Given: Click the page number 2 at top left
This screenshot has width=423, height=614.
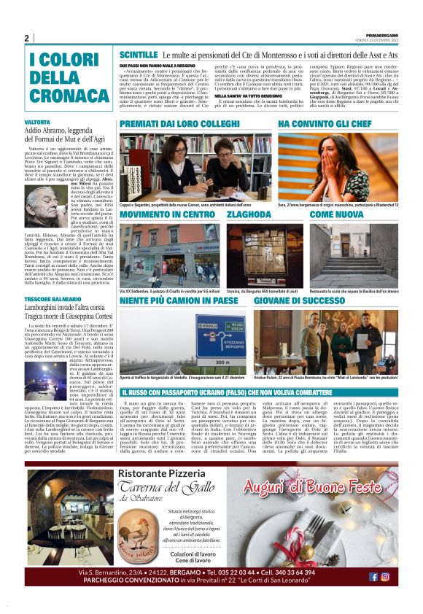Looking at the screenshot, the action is click(x=26, y=38).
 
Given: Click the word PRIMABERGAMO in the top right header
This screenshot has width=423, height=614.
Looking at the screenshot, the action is click(x=380, y=34).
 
